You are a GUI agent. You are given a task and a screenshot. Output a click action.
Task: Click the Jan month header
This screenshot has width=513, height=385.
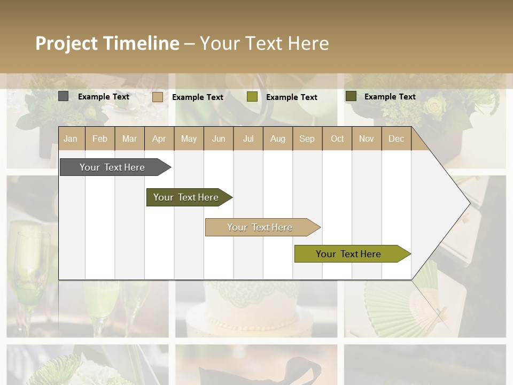(x=71, y=138)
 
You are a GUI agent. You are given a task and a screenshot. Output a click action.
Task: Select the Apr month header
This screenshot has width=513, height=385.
(x=159, y=138)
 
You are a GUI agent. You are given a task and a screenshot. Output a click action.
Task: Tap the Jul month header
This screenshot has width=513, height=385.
(x=248, y=138)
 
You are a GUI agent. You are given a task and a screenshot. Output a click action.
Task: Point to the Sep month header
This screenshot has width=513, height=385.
(x=307, y=138)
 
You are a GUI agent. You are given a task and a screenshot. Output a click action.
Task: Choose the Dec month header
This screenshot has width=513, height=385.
(x=396, y=138)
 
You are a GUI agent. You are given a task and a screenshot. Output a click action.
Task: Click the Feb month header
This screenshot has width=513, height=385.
(x=100, y=138)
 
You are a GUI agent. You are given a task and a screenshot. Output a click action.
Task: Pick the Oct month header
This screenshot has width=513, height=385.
(x=337, y=138)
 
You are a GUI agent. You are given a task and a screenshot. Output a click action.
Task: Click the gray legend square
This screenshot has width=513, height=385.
(x=64, y=96)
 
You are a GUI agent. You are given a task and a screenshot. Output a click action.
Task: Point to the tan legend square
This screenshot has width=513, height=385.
(x=158, y=97)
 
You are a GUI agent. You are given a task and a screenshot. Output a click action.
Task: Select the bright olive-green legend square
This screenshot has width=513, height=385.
(x=252, y=97)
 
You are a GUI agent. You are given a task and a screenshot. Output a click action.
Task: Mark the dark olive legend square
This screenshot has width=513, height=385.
(x=351, y=96)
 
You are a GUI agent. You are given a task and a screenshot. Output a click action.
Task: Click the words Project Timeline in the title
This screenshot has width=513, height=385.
(x=107, y=43)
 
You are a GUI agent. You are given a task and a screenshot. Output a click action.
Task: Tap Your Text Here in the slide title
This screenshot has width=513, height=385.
(x=264, y=43)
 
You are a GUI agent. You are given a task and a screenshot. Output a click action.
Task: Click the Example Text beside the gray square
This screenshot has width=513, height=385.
(x=104, y=97)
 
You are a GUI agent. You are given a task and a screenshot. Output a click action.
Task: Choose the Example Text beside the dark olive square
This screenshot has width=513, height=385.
(x=390, y=97)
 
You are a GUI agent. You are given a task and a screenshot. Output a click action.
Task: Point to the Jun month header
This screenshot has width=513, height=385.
(x=219, y=138)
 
